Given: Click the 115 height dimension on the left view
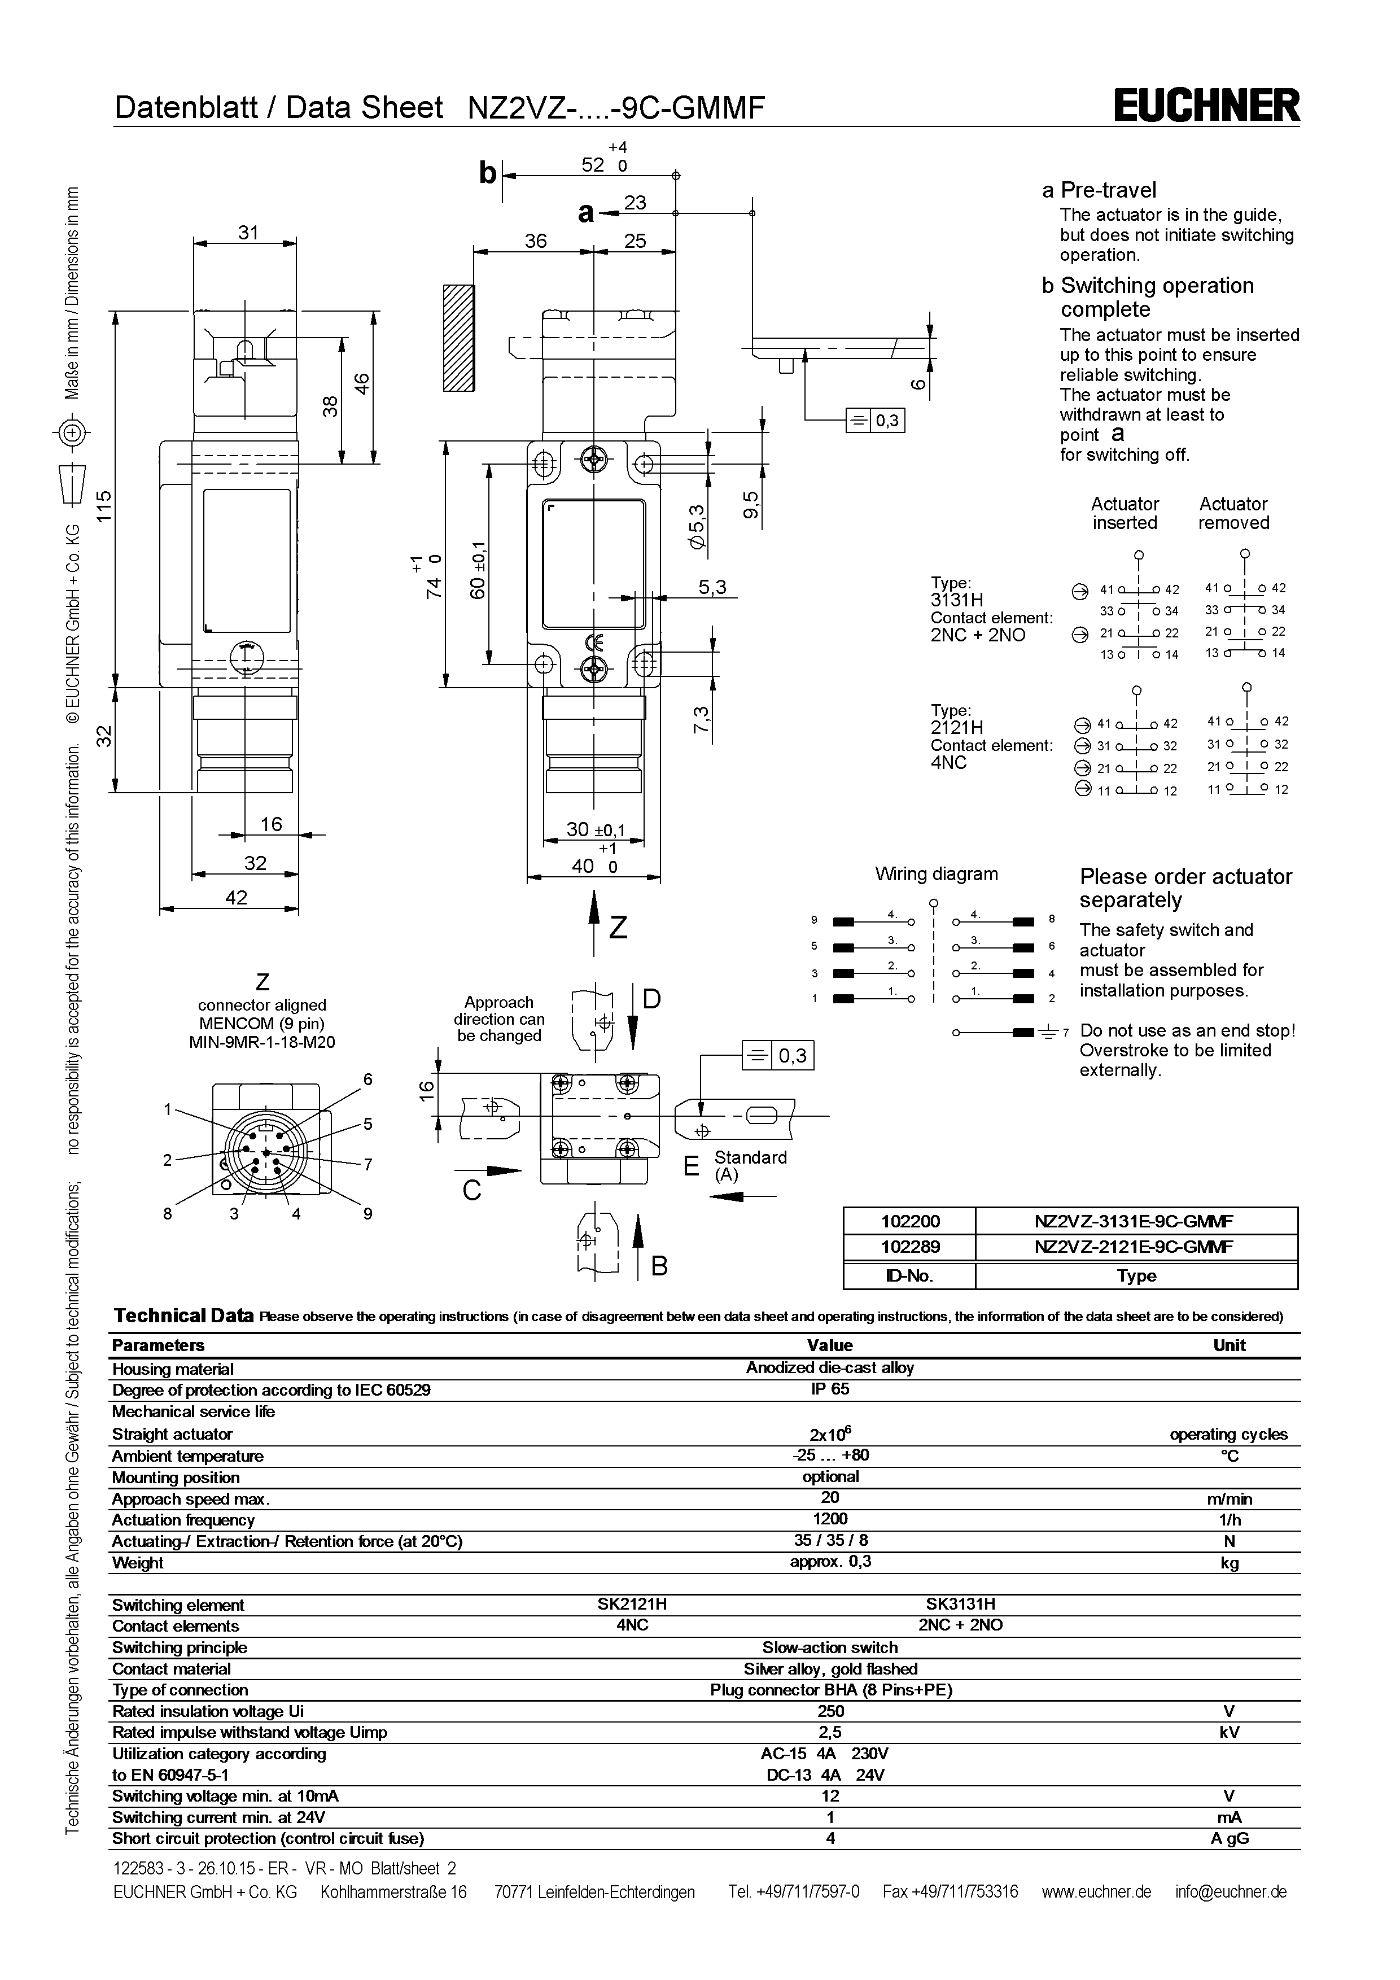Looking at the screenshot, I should [x=103, y=509].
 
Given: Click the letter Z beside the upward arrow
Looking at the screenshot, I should [x=618, y=928].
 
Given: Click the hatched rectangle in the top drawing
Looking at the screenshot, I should [x=458, y=338].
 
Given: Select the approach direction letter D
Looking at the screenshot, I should [x=651, y=999].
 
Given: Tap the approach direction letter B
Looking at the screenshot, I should [x=659, y=1266].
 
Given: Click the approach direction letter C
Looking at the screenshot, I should [x=471, y=1191].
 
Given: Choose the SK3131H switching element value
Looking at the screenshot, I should [x=960, y=1604].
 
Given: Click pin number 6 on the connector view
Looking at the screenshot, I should [x=368, y=1079].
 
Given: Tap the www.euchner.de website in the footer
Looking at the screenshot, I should [x=1096, y=1891].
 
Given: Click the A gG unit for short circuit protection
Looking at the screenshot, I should [x=1230, y=1838].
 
